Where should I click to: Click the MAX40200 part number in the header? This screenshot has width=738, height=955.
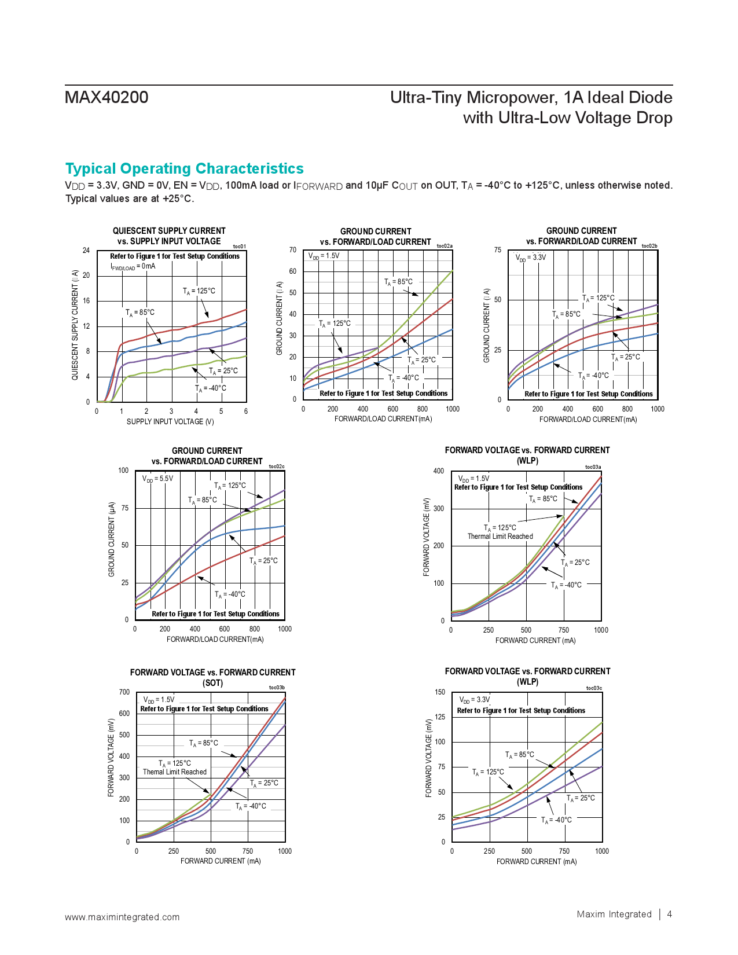pos(107,97)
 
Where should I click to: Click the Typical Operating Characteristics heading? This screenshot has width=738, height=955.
pos(184,168)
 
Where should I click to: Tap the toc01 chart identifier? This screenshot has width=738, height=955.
pos(239,247)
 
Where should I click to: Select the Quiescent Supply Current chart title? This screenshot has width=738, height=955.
pos(169,236)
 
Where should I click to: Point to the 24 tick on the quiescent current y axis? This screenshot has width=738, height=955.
pos(86,251)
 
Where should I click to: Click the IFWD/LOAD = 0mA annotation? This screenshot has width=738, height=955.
pos(133,266)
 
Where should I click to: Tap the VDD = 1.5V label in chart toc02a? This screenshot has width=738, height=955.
pos(324,256)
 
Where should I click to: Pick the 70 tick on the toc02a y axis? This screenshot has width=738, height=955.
pos(293,250)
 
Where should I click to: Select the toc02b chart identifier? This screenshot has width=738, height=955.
pos(649,246)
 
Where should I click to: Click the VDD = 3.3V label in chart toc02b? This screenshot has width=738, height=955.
pos(531,257)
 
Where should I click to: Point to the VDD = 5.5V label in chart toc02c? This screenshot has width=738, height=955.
pos(157,479)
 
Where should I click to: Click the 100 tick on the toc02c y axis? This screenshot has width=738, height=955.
pos(123,471)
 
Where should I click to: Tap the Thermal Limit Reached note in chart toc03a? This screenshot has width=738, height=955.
pos(500,537)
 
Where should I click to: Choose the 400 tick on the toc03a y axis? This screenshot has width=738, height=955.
pos(439,471)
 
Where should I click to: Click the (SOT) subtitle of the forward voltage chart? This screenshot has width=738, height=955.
pos(212,683)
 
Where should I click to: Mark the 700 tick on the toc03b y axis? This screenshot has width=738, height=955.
pos(124,692)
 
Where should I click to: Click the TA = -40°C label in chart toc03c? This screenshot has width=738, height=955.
pos(556,820)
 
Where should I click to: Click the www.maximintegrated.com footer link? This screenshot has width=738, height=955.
pos(122,917)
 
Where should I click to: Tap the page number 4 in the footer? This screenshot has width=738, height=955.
pos(670,914)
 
